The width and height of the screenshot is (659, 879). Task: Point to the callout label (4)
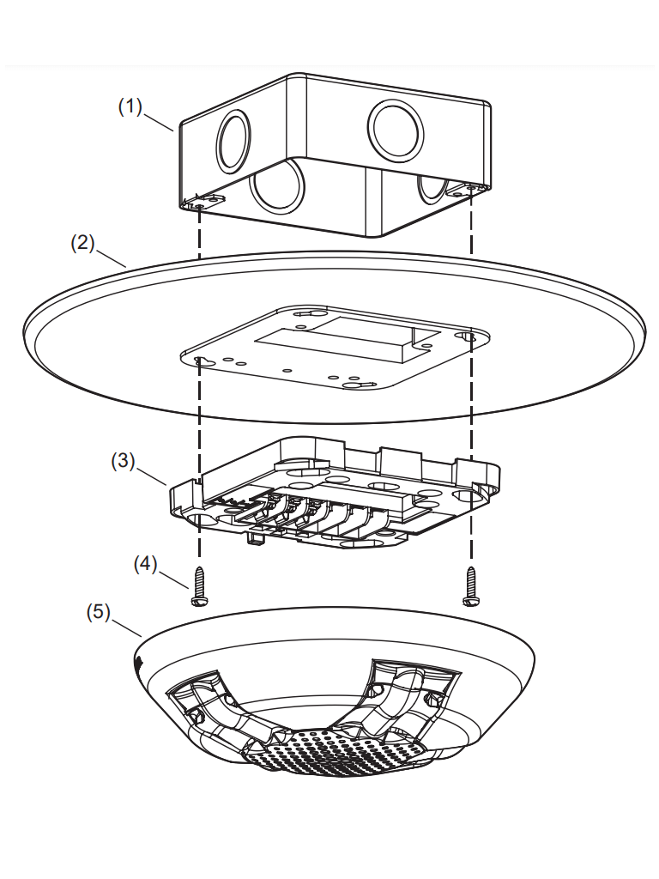[x=147, y=564]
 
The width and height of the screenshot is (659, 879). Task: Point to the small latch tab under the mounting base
[x=254, y=537]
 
